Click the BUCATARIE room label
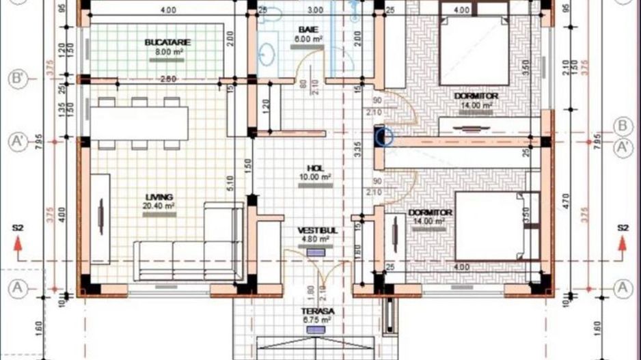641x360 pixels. pyautogui.click(x=167, y=42)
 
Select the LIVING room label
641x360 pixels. pyautogui.click(x=159, y=197)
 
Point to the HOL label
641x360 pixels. pyautogui.click(x=315, y=167)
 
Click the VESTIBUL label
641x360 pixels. pyautogui.click(x=317, y=231)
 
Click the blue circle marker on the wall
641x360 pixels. pyautogui.click(x=385, y=137)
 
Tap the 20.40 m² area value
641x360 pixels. pyautogui.click(x=159, y=206)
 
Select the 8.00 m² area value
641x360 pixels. pyautogui.click(x=167, y=51)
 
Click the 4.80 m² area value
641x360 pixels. pyautogui.click(x=316, y=240)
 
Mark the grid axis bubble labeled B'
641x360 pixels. pyautogui.click(x=18, y=79)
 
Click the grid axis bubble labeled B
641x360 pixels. pyautogui.click(x=622, y=126)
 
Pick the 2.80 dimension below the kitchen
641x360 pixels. pyautogui.click(x=167, y=79)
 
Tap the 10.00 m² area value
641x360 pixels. pyautogui.click(x=316, y=176)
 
